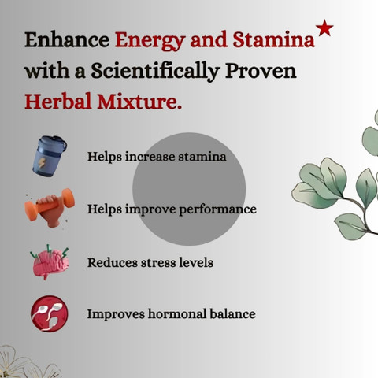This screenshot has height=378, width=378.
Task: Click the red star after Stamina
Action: click(324, 28)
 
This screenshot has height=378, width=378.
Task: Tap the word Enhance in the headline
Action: click(67, 39)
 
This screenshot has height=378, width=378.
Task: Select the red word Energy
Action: click(150, 41)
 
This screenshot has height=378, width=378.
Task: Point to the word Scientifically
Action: click(155, 71)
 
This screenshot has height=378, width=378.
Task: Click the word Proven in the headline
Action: click(261, 71)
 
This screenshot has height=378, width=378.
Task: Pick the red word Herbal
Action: click(57, 101)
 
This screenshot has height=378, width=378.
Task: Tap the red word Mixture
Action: click(139, 102)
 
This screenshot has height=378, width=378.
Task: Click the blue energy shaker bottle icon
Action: click(50, 156)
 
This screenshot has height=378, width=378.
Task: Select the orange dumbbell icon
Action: click(50, 207)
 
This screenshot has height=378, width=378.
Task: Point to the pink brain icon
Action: click(50, 262)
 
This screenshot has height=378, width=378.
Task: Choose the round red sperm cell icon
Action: click(50, 313)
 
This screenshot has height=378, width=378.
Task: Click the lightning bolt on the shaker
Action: click(42, 163)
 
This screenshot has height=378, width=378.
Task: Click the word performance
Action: click(218, 210)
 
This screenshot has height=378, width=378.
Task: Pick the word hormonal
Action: click(177, 314)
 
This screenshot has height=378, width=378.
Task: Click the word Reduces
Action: click(113, 263)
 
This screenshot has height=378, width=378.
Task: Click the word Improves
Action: click(116, 314)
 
